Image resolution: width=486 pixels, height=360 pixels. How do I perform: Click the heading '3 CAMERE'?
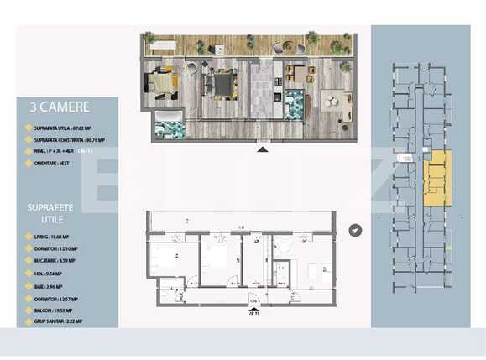(59, 107)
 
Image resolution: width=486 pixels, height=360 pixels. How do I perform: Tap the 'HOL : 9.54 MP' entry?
(50, 273)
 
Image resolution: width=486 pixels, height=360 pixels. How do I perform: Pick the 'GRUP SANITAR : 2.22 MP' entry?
(62, 322)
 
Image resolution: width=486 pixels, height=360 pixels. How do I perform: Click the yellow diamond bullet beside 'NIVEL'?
(29, 153)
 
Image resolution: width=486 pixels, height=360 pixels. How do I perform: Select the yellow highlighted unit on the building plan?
(437, 179)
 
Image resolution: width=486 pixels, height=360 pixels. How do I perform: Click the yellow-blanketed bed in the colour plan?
(162, 82)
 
